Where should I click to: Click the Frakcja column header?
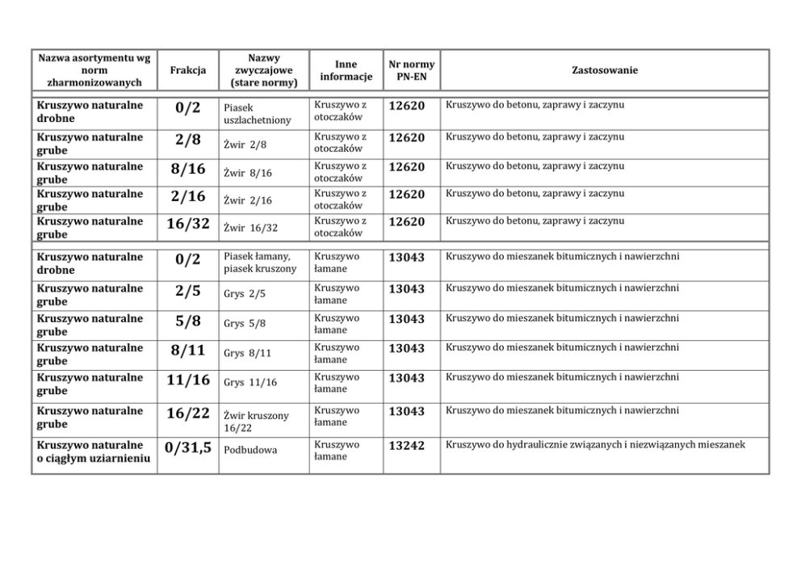click(188, 71)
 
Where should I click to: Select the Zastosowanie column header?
click(604, 71)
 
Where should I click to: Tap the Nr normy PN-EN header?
click(411, 70)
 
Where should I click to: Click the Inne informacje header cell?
click(346, 71)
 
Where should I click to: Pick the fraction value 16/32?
click(187, 225)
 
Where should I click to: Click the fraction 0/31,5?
click(188, 447)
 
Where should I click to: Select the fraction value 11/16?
click(187, 380)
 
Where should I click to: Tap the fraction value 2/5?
click(187, 291)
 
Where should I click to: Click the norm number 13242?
click(406, 445)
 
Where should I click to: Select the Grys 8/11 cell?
click(248, 353)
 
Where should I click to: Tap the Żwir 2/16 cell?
click(248, 200)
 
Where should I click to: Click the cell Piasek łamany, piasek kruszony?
click(259, 262)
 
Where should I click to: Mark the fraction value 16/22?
click(187, 414)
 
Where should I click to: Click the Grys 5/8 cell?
click(245, 323)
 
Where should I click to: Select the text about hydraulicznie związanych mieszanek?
click(594, 444)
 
